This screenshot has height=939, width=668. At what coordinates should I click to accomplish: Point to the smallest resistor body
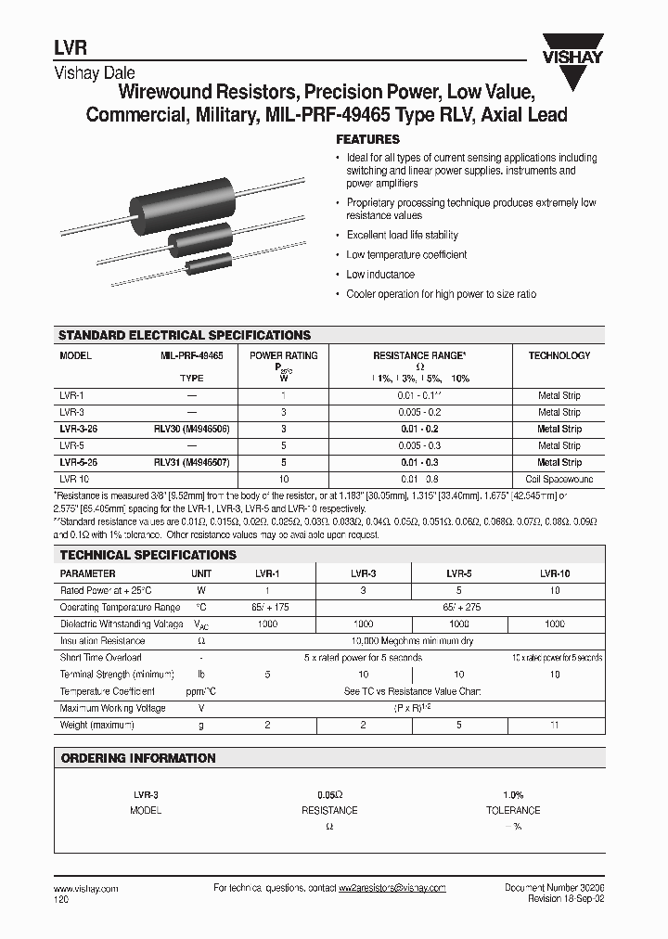pyautogui.click(x=210, y=264)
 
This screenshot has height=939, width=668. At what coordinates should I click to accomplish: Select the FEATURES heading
pyautogui.click(x=367, y=139)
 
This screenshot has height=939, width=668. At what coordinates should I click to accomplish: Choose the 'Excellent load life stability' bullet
pyautogui.click(x=402, y=235)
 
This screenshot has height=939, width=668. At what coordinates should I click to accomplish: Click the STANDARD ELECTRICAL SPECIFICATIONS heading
pyautogui.click(x=185, y=335)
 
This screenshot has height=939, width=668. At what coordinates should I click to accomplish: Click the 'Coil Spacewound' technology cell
pyautogui.click(x=559, y=479)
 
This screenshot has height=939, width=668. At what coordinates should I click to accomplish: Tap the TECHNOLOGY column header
pyautogui.click(x=559, y=355)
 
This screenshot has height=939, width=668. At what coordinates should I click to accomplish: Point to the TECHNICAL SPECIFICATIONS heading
pyautogui.click(x=148, y=555)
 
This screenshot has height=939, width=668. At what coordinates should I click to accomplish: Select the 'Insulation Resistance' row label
pyautogui.click(x=102, y=641)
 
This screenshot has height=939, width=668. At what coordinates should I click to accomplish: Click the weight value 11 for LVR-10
pyautogui.click(x=555, y=725)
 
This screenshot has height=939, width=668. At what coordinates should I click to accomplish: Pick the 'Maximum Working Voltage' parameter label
pyautogui.click(x=112, y=708)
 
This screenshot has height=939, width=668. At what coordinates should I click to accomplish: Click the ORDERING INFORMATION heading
pyautogui.click(x=137, y=758)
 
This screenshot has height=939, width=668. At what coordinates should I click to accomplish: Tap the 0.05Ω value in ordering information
pyautogui.click(x=330, y=795)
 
